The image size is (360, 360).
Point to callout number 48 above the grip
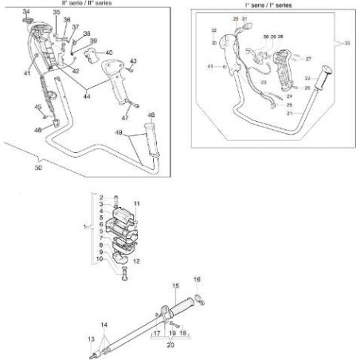152,115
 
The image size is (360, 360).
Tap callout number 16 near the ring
198,280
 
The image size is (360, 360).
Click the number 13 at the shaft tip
90,338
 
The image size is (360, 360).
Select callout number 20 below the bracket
170,345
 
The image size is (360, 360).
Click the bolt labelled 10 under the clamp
124,275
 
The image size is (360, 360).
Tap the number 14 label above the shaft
103,327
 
